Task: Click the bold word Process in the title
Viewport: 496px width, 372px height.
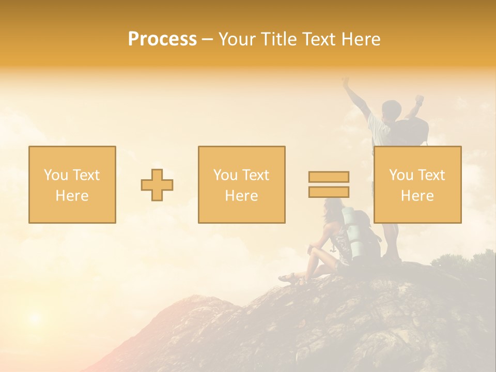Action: [x=162, y=39]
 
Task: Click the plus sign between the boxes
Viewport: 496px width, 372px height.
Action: [x=157, y=185]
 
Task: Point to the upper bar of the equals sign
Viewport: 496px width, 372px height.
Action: [x=329, y=177]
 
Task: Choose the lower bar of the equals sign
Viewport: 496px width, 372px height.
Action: [x=329, y=192]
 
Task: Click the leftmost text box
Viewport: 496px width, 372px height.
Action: [x=72, y=184]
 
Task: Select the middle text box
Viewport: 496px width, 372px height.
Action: [x=241, y=184]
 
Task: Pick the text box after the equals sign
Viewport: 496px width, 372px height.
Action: [x=417, y=184]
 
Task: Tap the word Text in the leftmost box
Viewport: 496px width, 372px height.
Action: [x=86, y=175]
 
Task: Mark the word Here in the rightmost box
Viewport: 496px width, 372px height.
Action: [x=417, y=196]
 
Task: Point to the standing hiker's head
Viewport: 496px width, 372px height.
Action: [x=391, y=109]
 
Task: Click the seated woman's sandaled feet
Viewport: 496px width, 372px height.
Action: [x=289, y=279]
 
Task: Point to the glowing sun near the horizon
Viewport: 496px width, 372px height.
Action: [x=34, y=317]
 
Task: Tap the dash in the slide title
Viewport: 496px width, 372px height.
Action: [x=207, y=40]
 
